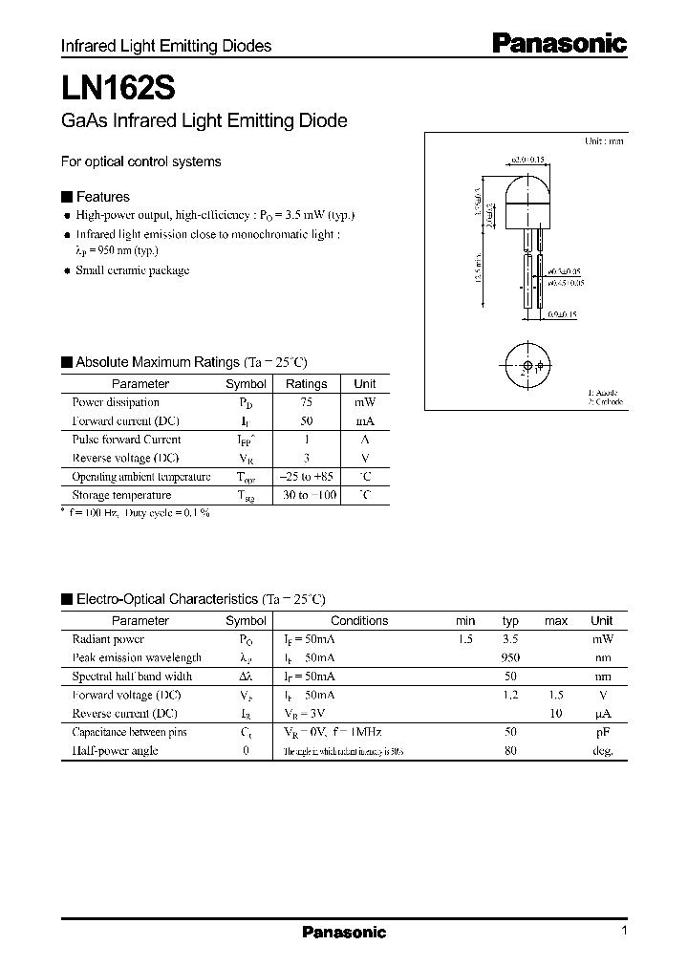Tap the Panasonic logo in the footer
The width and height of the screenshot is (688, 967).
tap(344, 933)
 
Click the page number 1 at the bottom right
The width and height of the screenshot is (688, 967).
tap(624, 932)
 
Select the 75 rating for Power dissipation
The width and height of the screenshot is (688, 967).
tap(306, 402)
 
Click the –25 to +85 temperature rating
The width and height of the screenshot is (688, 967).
tap(306, 477)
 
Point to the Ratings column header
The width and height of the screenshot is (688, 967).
tap(306, 384)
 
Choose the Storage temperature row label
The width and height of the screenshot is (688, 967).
tap(121, 495)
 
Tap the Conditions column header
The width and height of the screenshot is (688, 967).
tap(359, 621)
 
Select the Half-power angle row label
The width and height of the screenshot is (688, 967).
tap(115, 751)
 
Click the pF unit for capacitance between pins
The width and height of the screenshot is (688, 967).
tap(602, 732)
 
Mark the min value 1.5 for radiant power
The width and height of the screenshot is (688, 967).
tap(466, 639)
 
